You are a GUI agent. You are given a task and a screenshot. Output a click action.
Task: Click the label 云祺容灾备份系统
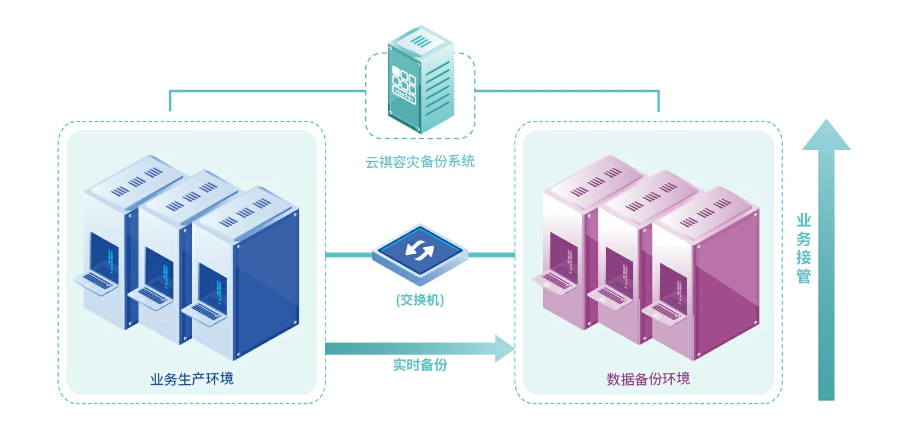tap(420, 161)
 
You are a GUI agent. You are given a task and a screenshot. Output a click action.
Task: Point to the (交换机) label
tap(420, 301)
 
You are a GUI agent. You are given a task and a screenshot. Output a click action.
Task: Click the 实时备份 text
tap(420, 365)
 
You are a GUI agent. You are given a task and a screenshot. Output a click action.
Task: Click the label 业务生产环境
tap(192, 378)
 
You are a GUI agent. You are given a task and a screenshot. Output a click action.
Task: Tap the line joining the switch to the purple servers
tap(491, 255)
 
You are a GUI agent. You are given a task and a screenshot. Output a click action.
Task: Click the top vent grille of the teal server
tap(422, 41)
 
